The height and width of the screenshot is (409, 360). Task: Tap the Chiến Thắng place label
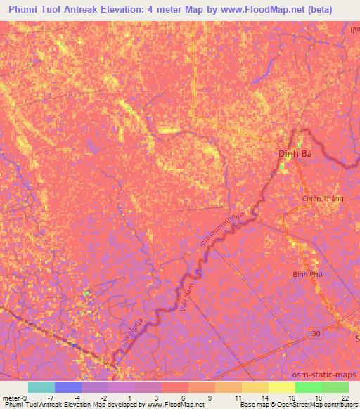coord(323,199)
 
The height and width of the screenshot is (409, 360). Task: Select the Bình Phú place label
coord(307,275)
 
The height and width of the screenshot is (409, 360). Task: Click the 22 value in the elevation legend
coord(345,397)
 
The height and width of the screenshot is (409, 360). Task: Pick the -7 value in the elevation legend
coord(60,397)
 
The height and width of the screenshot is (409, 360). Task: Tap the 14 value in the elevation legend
coord(265,397)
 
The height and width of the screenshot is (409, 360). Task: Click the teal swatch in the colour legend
coord(41,387)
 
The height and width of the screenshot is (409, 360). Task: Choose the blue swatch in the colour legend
coord(68,387)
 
